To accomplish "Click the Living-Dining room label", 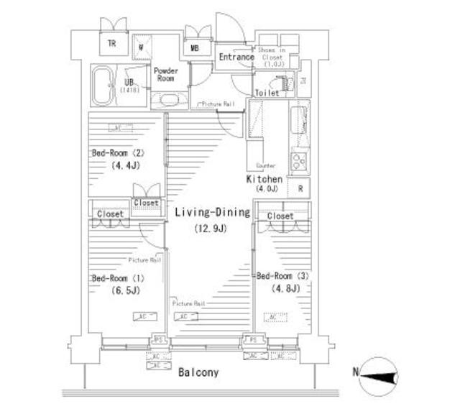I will [211, 212].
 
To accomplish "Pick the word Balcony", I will [198, 373].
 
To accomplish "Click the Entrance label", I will [236, 57].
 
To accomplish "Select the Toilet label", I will [267, 93].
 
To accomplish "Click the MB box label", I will [195, 49].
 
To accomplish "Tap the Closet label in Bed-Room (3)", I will [280, 216].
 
